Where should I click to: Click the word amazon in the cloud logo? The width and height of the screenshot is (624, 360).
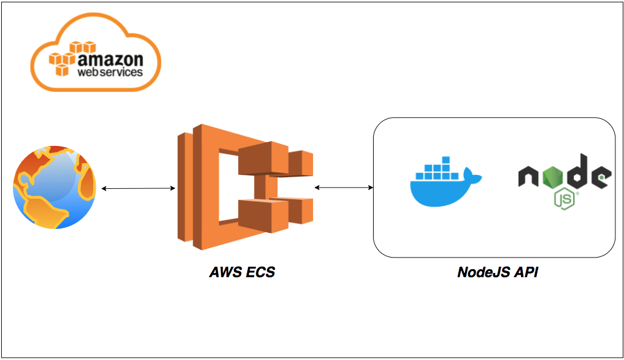pos(110,59)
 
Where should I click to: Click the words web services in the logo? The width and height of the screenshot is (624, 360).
pos(110,72)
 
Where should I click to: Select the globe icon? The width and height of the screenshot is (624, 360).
pos(54,187)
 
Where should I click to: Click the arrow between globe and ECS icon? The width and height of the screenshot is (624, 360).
pos(138,188)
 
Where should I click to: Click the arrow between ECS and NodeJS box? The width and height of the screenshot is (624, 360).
pos(344,186)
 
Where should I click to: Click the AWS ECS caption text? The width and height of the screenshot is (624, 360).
pos(242,272)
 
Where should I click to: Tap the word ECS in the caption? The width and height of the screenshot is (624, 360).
pos(260,272)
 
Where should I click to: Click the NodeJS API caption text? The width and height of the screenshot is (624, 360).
pos(498,272)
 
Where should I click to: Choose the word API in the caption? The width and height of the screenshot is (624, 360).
pos(526,272)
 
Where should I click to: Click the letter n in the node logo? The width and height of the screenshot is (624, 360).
pos(528,176)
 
